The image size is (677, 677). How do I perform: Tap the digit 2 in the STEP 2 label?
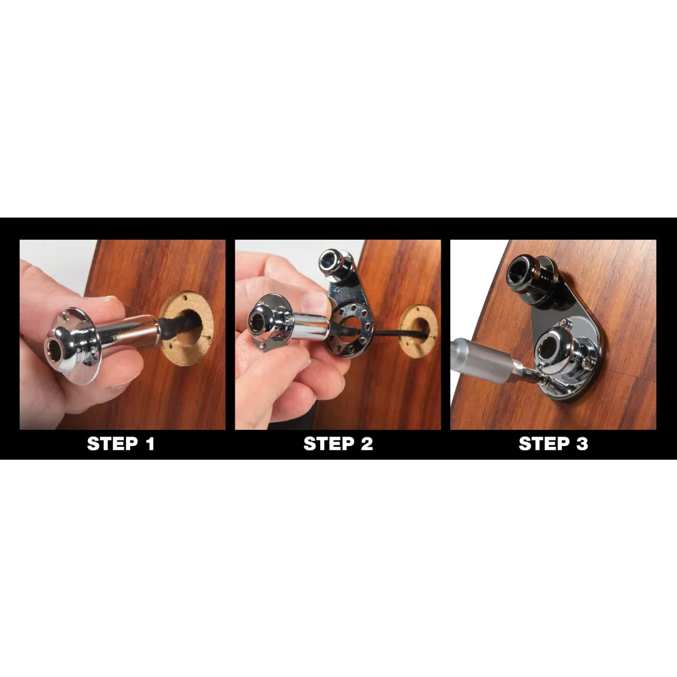point(366,445)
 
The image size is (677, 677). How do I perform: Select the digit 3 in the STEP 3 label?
point(581,445)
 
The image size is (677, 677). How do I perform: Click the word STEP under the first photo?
point(111,445)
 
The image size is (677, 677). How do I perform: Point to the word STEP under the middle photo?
point(327,445)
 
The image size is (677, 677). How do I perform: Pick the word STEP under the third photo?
point(543,445)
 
